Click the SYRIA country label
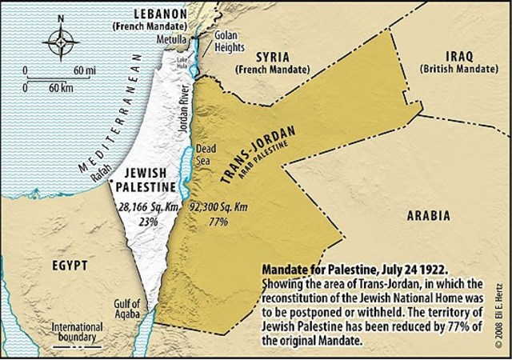272,58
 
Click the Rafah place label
96,169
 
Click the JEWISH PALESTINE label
146,180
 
